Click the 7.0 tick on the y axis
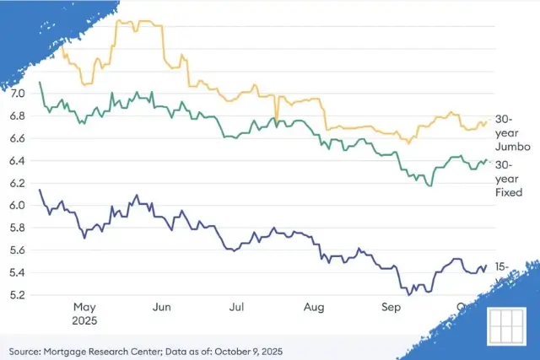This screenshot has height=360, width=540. coord(19,93)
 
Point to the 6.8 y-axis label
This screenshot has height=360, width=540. coord(19,116)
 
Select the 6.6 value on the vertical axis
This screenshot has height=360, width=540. coord(19,138)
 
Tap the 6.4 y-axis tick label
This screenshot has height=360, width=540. coord(19,160)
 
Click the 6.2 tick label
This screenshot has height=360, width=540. coord(19,183)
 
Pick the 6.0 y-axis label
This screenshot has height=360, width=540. coord(19,206)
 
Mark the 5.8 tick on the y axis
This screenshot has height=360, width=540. coord(19,228)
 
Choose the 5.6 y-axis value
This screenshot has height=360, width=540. coord(19,250)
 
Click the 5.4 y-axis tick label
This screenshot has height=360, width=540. coord(19,272)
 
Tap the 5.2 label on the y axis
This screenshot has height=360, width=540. coord(19,295)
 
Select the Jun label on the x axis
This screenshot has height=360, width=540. coord(163,308)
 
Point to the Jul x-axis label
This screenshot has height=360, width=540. coord(236,308)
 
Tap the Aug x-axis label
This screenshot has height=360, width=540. coord(314,308)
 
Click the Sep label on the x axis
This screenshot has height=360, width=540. coord(391,308)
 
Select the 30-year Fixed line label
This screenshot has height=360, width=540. coord(509,178)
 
